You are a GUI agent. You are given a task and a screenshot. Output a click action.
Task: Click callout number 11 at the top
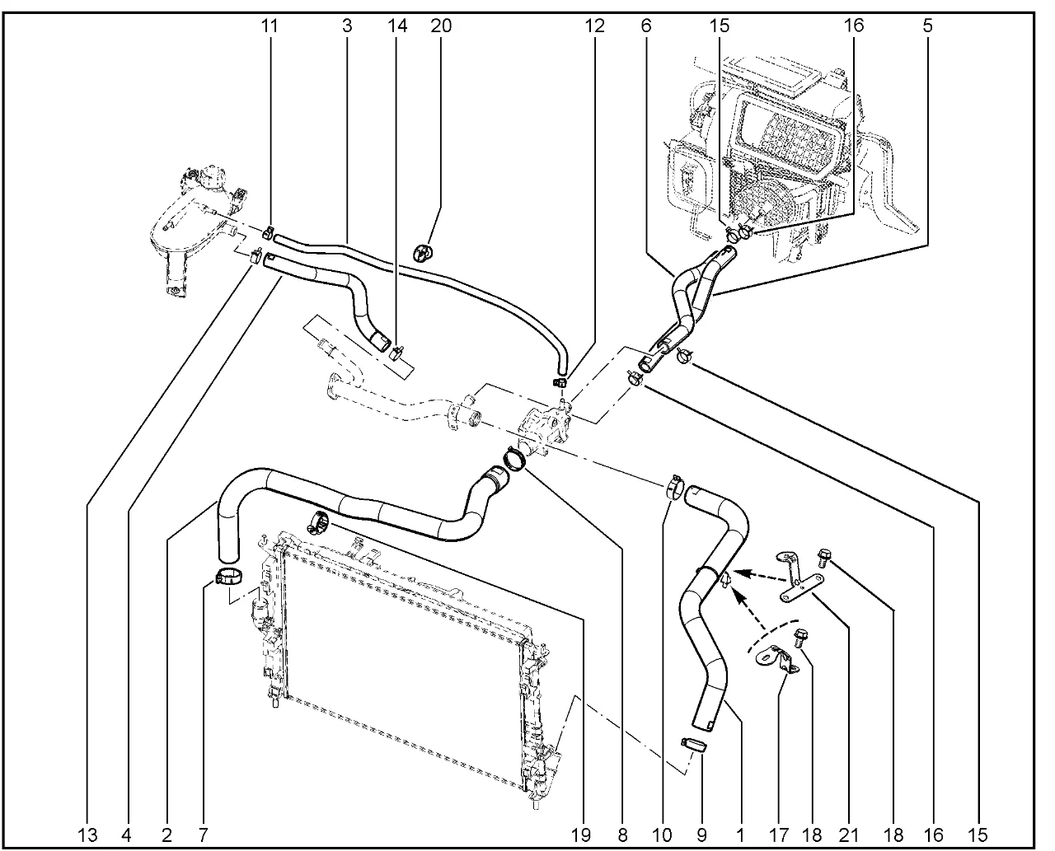click(270, 26)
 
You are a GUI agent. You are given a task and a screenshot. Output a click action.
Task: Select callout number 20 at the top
click(441, 26)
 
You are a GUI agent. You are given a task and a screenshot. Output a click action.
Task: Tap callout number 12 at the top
click(595, 26)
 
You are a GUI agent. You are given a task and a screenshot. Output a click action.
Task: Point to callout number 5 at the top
click(928, 26)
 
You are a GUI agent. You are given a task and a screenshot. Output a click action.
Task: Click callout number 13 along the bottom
click(88, 835)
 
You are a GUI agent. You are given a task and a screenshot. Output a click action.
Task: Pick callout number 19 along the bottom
click(582, 835)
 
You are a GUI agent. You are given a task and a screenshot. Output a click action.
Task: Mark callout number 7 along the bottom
click(203, 835)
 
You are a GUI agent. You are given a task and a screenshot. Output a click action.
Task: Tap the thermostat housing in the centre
click(544, 428)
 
